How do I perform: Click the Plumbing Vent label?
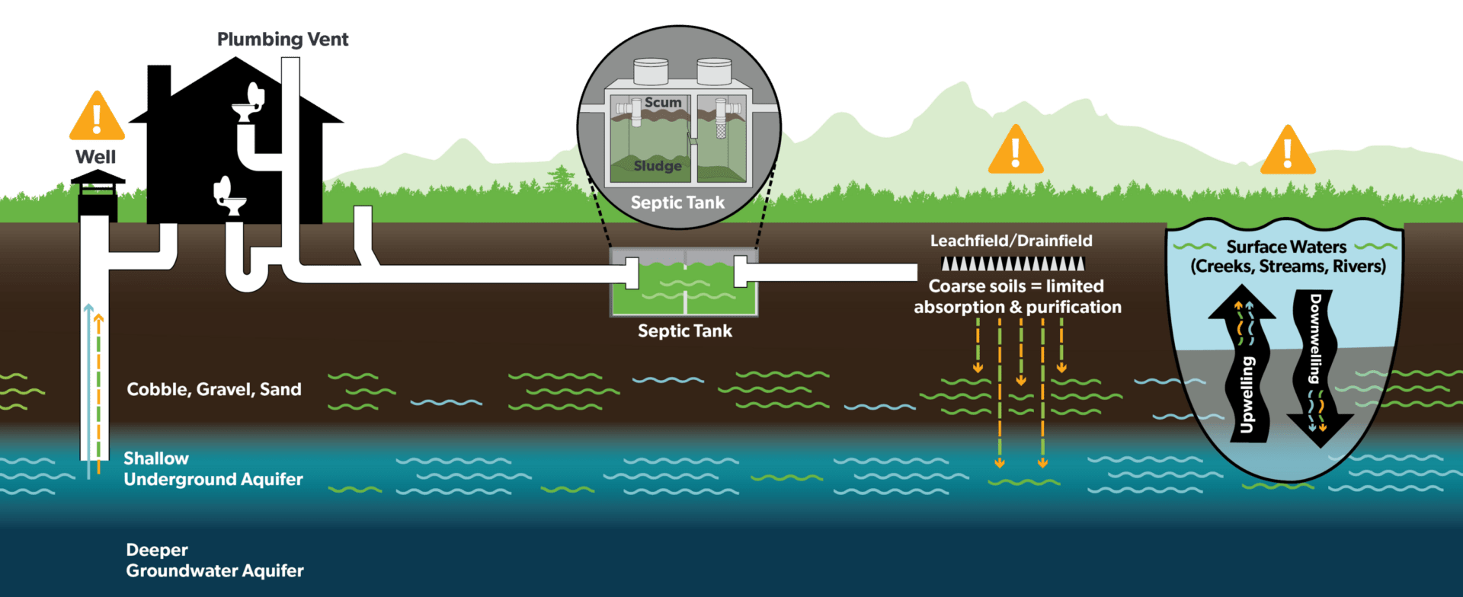point(283,40)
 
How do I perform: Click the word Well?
point(96,157)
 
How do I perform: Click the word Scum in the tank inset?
point(663,102)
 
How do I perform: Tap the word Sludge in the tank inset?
point(658,165)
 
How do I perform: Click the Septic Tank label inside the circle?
point(677,203)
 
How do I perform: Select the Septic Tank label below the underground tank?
point(685,331)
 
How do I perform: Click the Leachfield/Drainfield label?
point(1011,241)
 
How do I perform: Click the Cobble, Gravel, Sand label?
point(214,390)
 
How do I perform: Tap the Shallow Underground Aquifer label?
point(213,469)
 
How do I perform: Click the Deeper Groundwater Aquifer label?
point(215,560)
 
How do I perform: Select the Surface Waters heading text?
point(1286,247)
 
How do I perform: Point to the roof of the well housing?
point(98,178)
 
